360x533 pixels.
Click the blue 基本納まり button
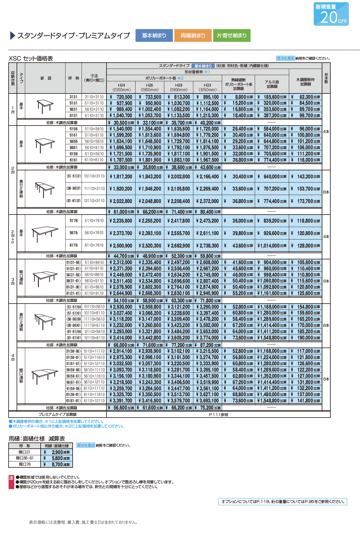pyautogui.click(x=154, y=36)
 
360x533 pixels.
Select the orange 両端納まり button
pyautogui.click(x=193, y=36)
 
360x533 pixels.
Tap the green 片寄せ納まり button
pyautogui.click(x=232, y=36)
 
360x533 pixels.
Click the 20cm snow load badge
pyautogui.click(x=331, y=14)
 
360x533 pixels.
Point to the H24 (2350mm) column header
pyautogui.click(x=121, y=87)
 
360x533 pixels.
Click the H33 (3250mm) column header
pyautogui.click(x=207, y=87)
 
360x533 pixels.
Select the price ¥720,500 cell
pyautogui.click(x=121, y=97)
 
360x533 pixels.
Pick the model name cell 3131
pyautogui.click(x=73, y=97)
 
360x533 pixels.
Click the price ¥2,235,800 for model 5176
pyautogui.click(x=121, y=221)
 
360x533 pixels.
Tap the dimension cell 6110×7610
pyautogui.click(x=94, y=245)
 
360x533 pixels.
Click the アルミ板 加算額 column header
pyautogui.click(x=272, y=84)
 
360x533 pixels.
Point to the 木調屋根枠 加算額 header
pyautogui.click(x=305, y=82)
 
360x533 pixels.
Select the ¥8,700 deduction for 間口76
pyautogui.click(x=58, y=464)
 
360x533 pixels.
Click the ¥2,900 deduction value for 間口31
pyautogui.click(x=58, y=452)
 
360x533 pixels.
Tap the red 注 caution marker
pyautogui.click(x=11, y=478)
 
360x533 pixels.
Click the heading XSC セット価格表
pyautogui.click(x=31, y=58)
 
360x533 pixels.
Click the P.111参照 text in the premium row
pyautogui.click(x=218, y=415)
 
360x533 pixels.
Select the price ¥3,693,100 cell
pyautogui.click(x=208, y=401)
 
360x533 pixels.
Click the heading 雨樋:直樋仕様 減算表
pyautogui.click(x=37, y=439)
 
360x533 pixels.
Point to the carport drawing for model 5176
pyautogui.click(x=45, y=233)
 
